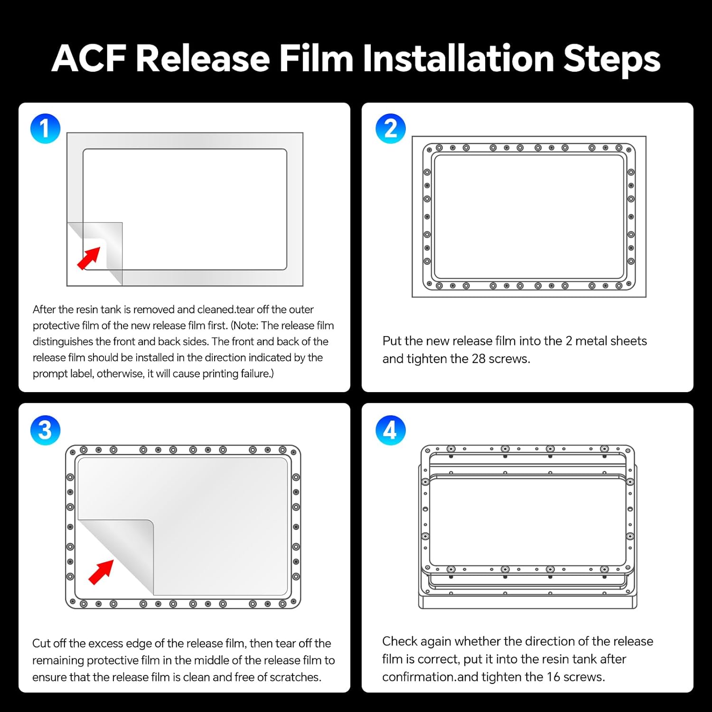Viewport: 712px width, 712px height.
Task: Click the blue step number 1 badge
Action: pyautogui.click(x=45, y=129)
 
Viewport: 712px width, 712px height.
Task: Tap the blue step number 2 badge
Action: pyautogui.click(x=390, y=129)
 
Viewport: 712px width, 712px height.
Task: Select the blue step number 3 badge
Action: pyautogui.click(x=45, y=430)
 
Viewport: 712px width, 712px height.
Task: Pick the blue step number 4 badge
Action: pyautogui.click(x=390, y=430)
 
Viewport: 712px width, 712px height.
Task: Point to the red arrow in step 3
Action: pyautogui.click(x=101, y=572)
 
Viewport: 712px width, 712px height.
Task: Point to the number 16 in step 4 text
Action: pyautogui.click(x=553, y=677)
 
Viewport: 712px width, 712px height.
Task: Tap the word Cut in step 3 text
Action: pyautogui.click(x=41, y=644)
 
